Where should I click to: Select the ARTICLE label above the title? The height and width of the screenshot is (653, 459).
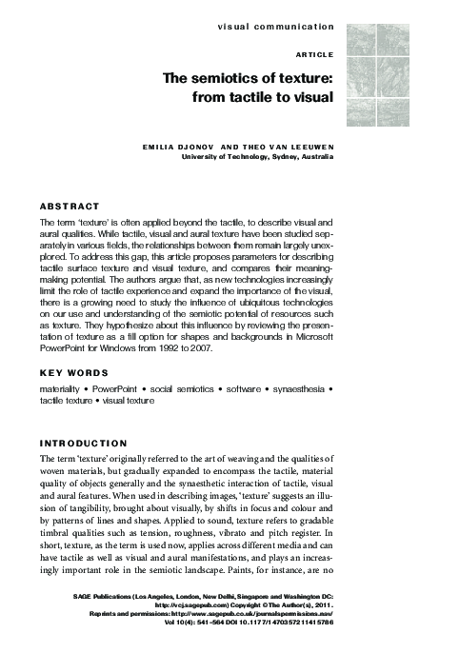click(x=313, y=55)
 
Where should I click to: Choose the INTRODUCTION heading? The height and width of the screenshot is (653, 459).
click(x=87, y=444)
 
